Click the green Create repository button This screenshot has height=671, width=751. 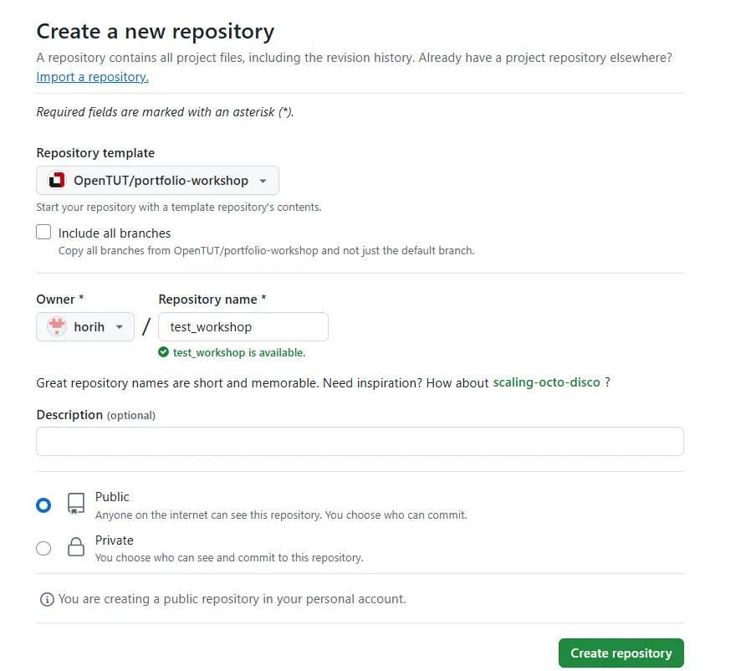(x=621, y=653)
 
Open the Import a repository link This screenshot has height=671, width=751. (x=93, y=77)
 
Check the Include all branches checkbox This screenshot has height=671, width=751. (x=43, y=232)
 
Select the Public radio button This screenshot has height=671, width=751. (x=43, y=505)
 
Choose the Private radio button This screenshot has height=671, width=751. (x=43, y=548)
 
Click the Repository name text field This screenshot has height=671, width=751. (x=243, y=327)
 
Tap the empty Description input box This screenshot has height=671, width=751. (x=360, y=442)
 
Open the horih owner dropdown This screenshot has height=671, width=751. (x=85, y=327)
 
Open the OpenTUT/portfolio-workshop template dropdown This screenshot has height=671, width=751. (x=157, y=180)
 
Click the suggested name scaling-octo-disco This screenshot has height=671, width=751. (x=546, y=382)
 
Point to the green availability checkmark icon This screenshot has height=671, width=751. (x=164, y=352)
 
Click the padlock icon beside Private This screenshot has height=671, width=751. (x=75, y=547)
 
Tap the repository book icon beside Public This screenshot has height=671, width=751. (x=75, y=504)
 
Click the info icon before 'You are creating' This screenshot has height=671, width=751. (x=47, y=599)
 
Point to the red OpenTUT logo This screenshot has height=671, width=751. (x=57, y=180)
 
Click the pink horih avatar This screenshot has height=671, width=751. (x=57, y=326)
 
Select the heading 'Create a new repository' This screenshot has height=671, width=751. (x=156, y=32)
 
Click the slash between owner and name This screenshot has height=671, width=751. (x=146, y=327)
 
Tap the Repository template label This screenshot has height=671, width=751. (x=95, y=153)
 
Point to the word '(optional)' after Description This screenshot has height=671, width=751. (x=131, y=415)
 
